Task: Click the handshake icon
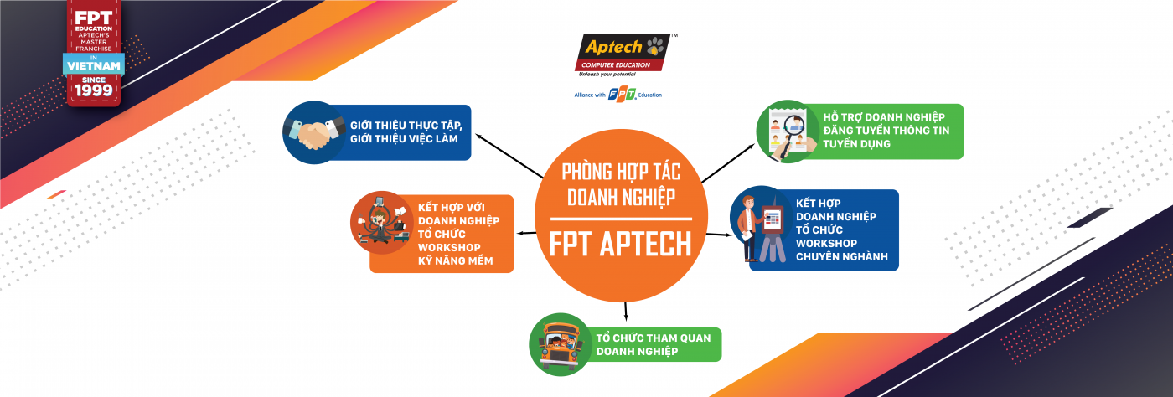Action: click(314, 132)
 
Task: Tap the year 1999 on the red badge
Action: click(94, 89)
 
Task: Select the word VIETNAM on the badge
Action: click(94, 64)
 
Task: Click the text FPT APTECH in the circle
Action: click(620, 243)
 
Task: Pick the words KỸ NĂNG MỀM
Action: click(455, 261)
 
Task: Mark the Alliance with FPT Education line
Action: click(618, 95)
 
